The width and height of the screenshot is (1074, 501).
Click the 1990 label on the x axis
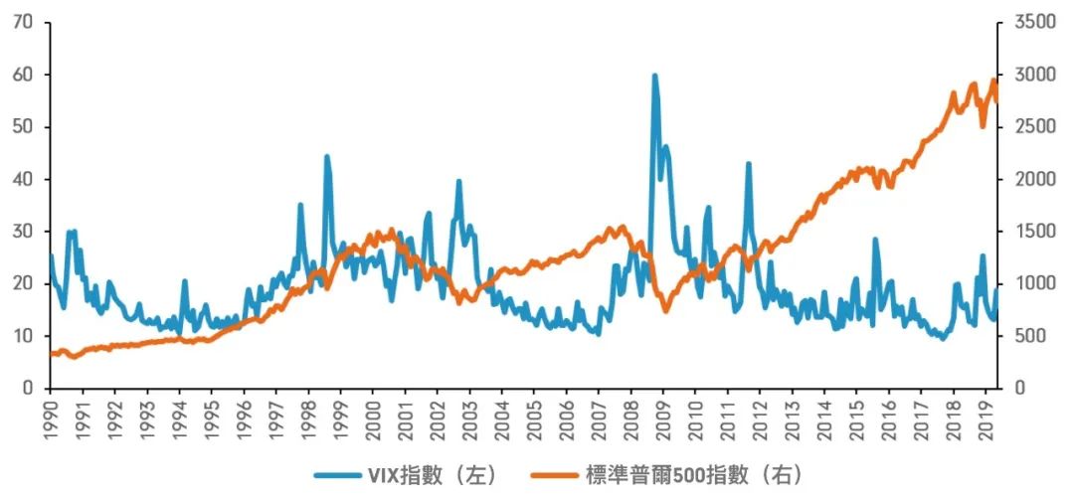50,420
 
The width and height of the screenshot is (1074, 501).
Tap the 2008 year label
630,420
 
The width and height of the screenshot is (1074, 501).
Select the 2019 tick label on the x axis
985,420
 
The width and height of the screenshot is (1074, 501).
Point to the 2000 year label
373,420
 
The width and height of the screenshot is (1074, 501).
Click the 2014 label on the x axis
824,420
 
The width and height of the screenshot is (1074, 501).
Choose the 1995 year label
211,420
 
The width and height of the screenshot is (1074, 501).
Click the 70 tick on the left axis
25,22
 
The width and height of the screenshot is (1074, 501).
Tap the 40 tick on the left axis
25,179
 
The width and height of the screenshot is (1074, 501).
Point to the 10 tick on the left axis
25,336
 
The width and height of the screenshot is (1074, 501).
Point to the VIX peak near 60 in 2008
654,76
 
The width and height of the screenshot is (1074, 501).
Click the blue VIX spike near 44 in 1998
326,157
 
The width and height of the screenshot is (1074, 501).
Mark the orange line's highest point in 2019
992,81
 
